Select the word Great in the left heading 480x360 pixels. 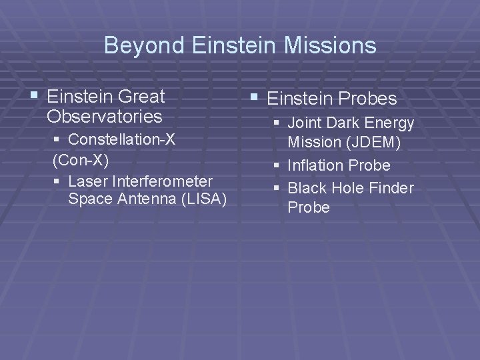point(144,97)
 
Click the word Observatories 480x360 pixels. point(105,117)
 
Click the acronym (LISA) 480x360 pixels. point(203,199)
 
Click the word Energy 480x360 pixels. point(390,123)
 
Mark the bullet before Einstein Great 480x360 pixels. point(35,97)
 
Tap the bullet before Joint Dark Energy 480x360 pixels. point(276,124)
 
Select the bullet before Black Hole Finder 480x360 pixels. point(276,189)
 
